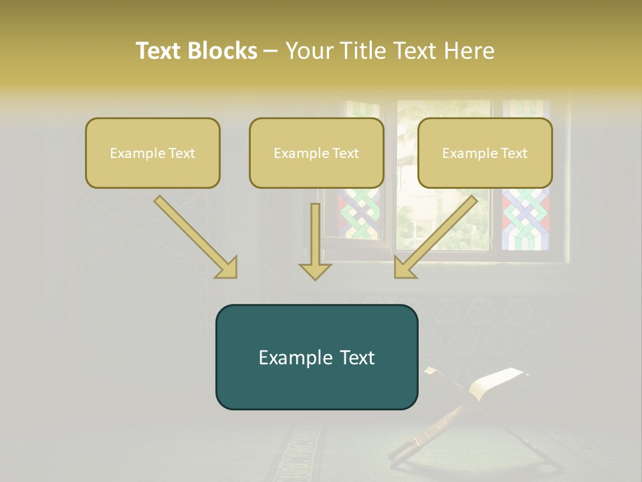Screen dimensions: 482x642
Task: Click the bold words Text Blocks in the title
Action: tap(196, 51)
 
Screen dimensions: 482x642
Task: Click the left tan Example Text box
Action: tap(152, 153)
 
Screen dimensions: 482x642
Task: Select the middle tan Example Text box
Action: tap(316, 153)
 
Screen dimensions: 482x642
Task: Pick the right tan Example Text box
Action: tap(485, 153)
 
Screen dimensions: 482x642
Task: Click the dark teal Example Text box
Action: tap(316, 357)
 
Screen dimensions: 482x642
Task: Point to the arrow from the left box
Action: tap(194, 236)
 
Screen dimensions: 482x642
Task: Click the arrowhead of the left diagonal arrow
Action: tap(226, 267)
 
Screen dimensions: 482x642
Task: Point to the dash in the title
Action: tap(271, 51)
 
